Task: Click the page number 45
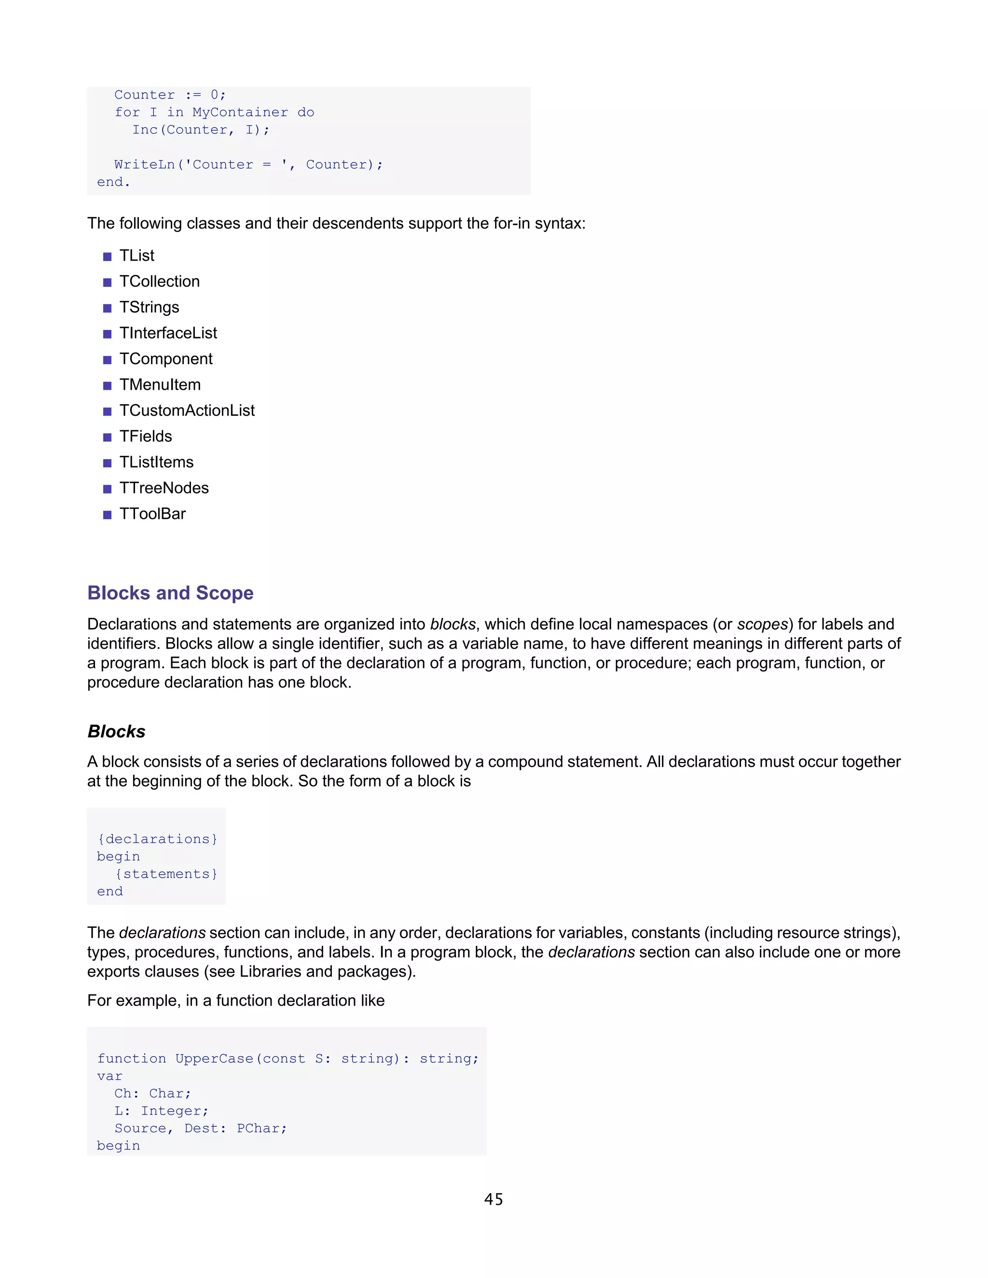coord(494,1199)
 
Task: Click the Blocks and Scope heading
coord(170,593)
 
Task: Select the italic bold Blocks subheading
coord(116,732)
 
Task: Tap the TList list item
coord(137,256)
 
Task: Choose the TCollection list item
coord(159,282)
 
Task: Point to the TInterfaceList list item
coord(168,333)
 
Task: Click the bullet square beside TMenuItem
coord(107,386)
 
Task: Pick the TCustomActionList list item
coord(187,411)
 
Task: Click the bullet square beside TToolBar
coord(107,515)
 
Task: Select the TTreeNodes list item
coord(164,488)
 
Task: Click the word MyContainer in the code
coord(240,112)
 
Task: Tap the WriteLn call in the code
coord(145,165)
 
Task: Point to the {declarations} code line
coord(157,839)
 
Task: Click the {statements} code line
coord(166,874)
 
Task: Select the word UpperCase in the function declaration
coord(214,1059)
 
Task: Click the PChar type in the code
coord(261,1128)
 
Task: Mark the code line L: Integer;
coord(161,1111)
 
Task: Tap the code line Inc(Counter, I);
coord(201,130)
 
